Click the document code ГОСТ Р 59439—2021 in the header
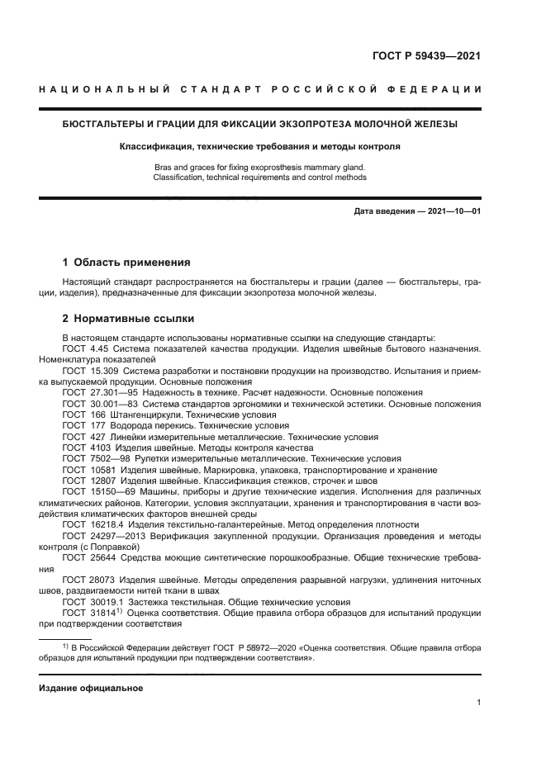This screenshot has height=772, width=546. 426,57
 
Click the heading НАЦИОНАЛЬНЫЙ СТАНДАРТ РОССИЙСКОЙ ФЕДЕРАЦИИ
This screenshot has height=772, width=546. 261,89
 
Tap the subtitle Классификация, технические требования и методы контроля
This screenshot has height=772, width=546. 259,146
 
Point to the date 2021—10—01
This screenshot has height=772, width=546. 453,211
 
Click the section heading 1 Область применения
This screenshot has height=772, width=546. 126,263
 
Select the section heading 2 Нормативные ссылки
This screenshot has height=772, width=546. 128,319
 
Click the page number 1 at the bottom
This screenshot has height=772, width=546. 478,703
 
